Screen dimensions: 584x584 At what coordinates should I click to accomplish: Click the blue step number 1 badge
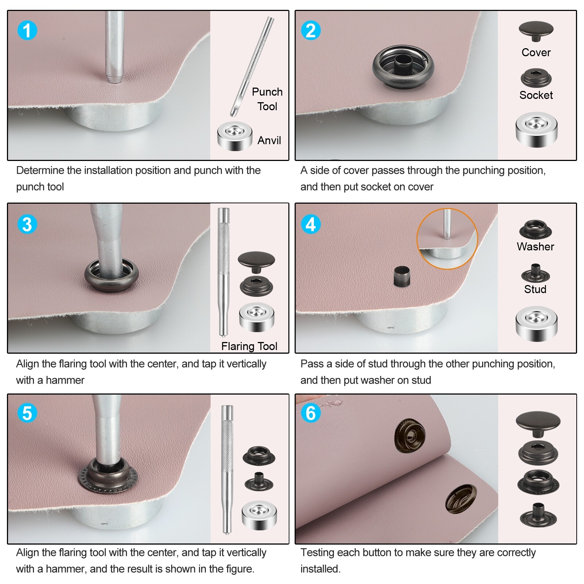(x=27, y=30)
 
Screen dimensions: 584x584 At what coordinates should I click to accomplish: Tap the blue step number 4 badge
(x=311, y=224)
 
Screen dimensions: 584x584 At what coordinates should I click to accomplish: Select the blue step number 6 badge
(x=311, y=413)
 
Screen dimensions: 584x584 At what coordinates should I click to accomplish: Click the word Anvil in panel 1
(x=269, y=141)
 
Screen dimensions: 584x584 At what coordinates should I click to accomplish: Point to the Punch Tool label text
(x=267, y=99)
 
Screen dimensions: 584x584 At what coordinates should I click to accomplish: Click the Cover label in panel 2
(x=536, y=53)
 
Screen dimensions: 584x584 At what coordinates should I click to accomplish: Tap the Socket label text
(x=536, y=95)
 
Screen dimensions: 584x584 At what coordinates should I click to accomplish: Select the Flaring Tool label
(x=249, y=346)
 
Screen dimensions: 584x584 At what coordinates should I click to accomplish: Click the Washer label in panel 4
(x=535, y=247)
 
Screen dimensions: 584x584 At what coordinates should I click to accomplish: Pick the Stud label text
(x=535, y=289)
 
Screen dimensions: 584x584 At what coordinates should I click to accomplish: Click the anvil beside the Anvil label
(x=235, y=136)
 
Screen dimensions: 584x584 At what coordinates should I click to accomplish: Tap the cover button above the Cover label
(x=536, y=31)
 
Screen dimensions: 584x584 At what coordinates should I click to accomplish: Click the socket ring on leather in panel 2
(x=403, y=67)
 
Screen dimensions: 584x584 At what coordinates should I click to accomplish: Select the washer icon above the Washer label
(x=535, y=229)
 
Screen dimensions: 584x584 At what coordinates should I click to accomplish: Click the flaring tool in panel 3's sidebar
(x=223, y=272)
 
